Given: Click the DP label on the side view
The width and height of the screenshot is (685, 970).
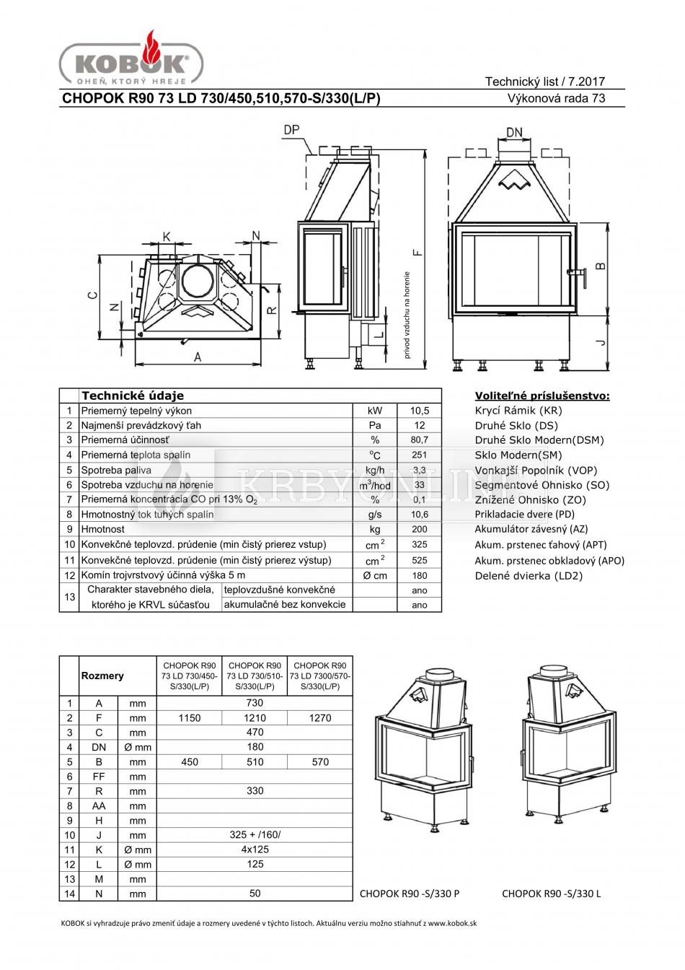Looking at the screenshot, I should tap(291, 130).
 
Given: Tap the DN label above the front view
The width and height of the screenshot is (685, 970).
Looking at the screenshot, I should tap(514, 132).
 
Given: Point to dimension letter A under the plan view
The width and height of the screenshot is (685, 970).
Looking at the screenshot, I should tap(198, 357).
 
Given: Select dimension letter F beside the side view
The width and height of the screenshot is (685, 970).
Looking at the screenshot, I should tap(418, 253).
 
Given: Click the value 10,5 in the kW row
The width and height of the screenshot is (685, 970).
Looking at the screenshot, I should tap(420, 410).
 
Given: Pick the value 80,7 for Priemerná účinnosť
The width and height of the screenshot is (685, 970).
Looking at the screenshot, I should tap(420, 440).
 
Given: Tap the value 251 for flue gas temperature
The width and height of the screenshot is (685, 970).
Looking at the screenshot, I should tap(420, 455).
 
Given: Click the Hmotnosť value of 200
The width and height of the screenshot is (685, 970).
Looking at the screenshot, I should tap(420, 529).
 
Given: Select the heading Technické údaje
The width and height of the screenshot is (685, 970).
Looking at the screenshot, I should tap(133, 396).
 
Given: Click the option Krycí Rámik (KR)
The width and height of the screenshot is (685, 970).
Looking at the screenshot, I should tap(518, 411).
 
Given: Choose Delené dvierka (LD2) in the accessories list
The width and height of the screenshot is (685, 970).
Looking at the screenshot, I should tap(529, 575).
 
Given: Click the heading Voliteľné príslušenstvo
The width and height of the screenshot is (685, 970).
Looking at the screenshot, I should tap(542, 396).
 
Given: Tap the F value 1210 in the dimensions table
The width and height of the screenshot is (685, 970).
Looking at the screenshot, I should tap(255, 718).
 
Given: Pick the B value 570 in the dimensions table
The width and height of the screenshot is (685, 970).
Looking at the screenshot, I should tap(320, 762).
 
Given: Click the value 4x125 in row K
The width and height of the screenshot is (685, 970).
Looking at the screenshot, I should tap(255, 849).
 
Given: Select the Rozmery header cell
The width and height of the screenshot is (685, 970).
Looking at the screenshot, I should tap(102, 676).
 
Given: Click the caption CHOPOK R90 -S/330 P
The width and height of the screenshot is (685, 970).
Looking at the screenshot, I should tap(410, 893).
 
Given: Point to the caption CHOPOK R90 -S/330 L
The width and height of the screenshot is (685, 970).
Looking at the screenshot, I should tap(552, 893).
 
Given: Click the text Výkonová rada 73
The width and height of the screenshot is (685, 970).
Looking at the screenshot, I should tap(557, 98).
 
